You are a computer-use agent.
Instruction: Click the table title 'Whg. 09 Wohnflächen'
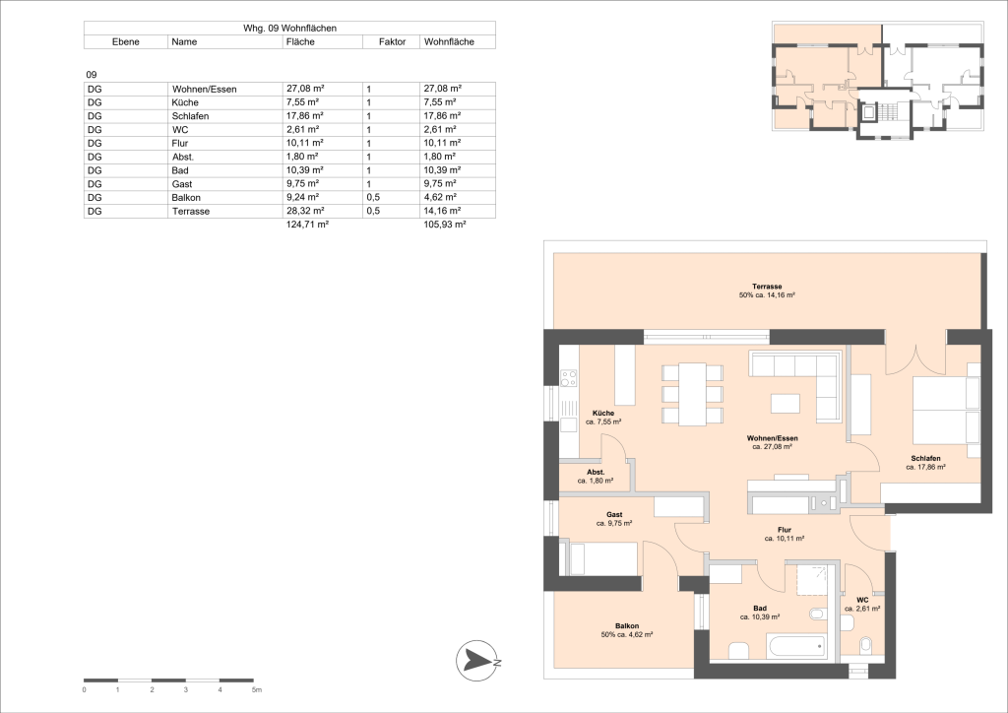tap(289, 29)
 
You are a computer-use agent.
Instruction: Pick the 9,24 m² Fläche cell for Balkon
tap(301, 198)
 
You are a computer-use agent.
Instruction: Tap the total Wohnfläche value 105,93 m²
tap(443, 226)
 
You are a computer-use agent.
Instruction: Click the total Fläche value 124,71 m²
tap(306, 226)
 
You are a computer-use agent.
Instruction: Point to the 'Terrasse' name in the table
tap(189, 212)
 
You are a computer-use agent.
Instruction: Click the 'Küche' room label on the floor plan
tap(603, 414)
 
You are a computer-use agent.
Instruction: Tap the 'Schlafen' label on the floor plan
tap(925, 460)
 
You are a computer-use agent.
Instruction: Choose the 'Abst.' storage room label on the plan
tap(596, 474)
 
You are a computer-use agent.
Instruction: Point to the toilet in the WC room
tap(865, 646)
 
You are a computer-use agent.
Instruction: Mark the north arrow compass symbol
tap(480, 660)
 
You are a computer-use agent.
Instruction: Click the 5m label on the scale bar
tap(256, 690)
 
